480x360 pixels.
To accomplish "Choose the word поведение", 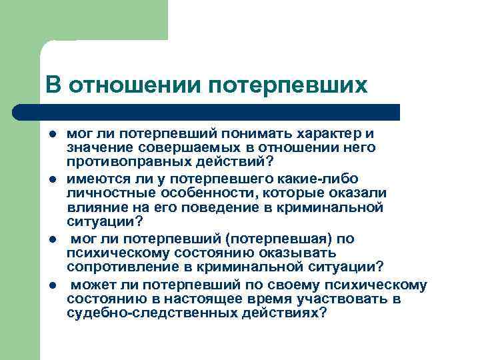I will pyautogui.click(x=227, y=208).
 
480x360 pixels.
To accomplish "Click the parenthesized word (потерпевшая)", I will pyautogui.click(x=280, y=239).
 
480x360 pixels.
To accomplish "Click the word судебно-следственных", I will pyautogui.click(x=151, y=313).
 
